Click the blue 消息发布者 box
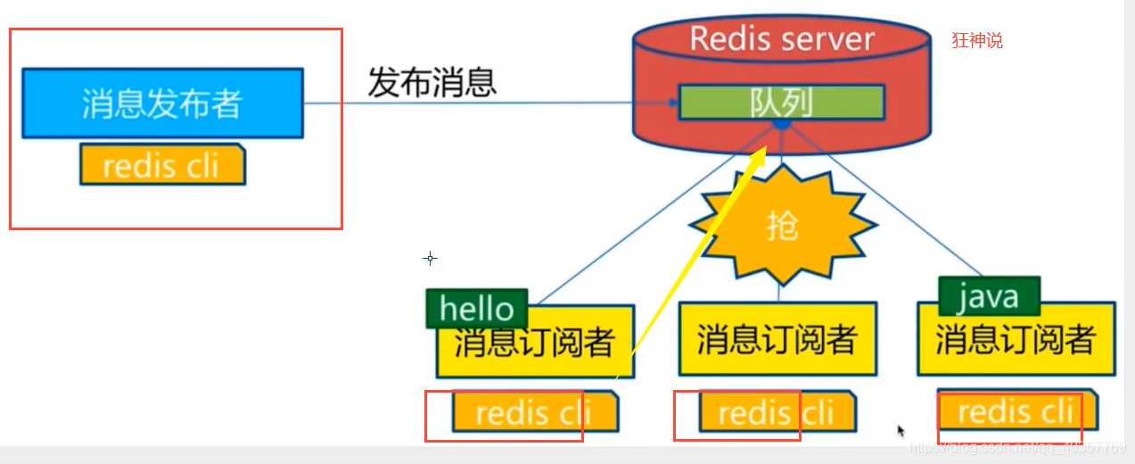click(161, 103)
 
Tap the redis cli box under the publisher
click(161, 165)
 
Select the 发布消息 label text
click(432, 83)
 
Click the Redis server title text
click(782, 39)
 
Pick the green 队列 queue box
click(781, 102)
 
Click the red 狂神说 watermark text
click(977, 40)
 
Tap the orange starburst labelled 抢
click(781, 225)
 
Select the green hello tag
click(477, 309)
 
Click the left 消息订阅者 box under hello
click(535, 344)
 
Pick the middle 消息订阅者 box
click(777, 340)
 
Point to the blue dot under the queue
click(781, 126)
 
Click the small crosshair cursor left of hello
click(430, 258)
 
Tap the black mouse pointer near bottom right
click(901, 431)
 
